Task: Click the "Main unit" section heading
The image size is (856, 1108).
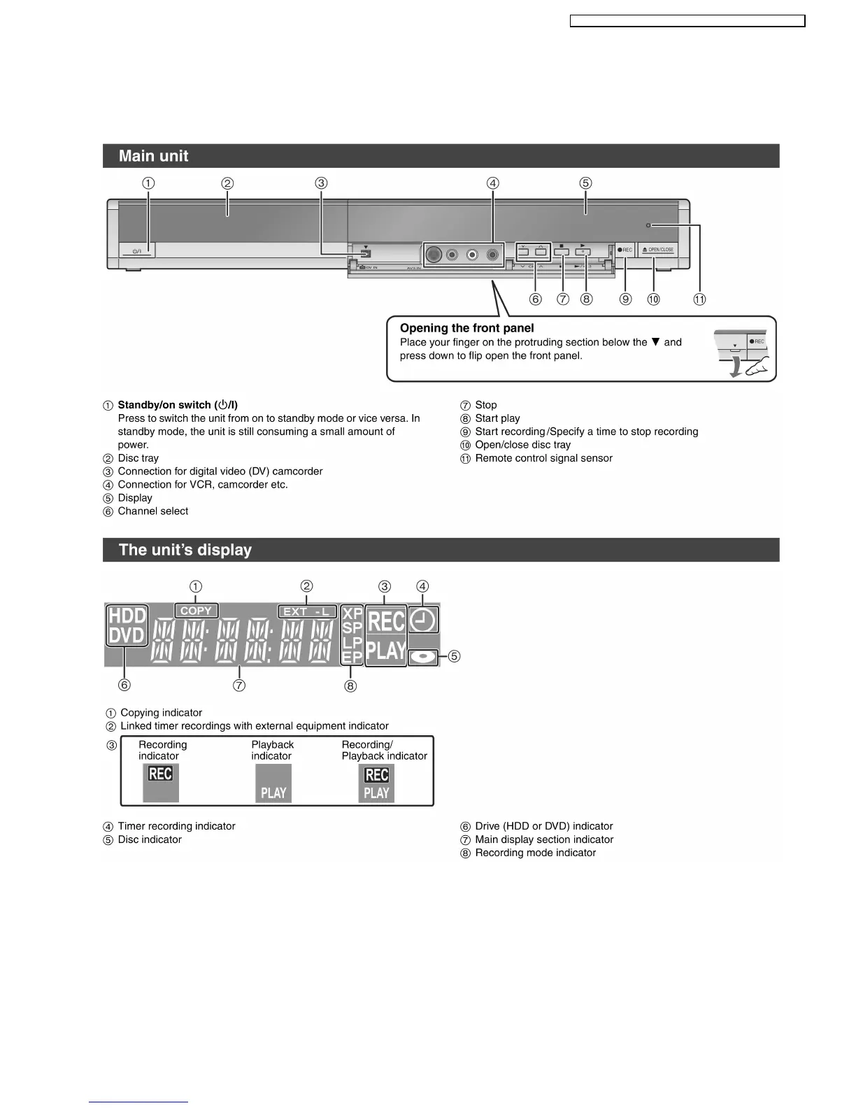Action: tap(153, 156)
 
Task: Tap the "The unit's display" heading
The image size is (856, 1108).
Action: tap(185, 550)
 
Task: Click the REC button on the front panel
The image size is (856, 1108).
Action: tap(625, 250)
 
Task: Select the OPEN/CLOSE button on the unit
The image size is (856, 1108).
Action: tap(657, 250)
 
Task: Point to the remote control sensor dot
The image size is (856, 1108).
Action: tap(649, 225)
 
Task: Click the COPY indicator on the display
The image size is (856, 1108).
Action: tap(196, 611)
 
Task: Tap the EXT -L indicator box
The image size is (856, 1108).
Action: tap(307, 611)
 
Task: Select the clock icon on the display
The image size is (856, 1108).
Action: tap(424, 620)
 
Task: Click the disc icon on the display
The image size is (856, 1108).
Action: tap(423, 658)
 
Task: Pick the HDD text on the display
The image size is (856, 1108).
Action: tap(127, 616)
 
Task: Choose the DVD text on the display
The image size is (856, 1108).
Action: tap(127, 636)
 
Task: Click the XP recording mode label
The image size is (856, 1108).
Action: tap(352, 613)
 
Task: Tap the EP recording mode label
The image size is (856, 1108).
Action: tap(352, 658)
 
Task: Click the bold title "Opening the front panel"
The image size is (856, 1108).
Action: tap(466, 328)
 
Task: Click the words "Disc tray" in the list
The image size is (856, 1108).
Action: tap(138, 458)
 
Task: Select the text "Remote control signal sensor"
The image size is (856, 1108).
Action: tap(543, 458)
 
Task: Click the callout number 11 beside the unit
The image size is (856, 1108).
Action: tap(699, 299)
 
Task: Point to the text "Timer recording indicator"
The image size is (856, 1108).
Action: tap(176, 826)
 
